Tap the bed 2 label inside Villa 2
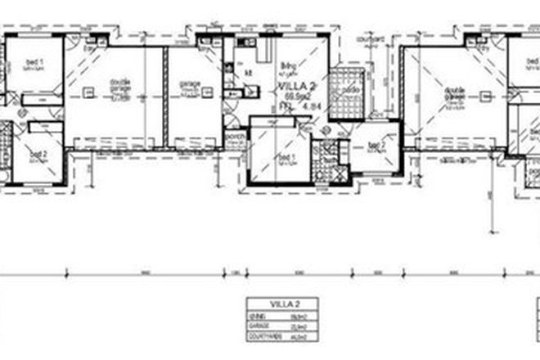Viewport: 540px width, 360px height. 376,149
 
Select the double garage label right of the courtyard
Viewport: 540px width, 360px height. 455,96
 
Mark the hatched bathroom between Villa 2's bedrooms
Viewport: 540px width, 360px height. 328,159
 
